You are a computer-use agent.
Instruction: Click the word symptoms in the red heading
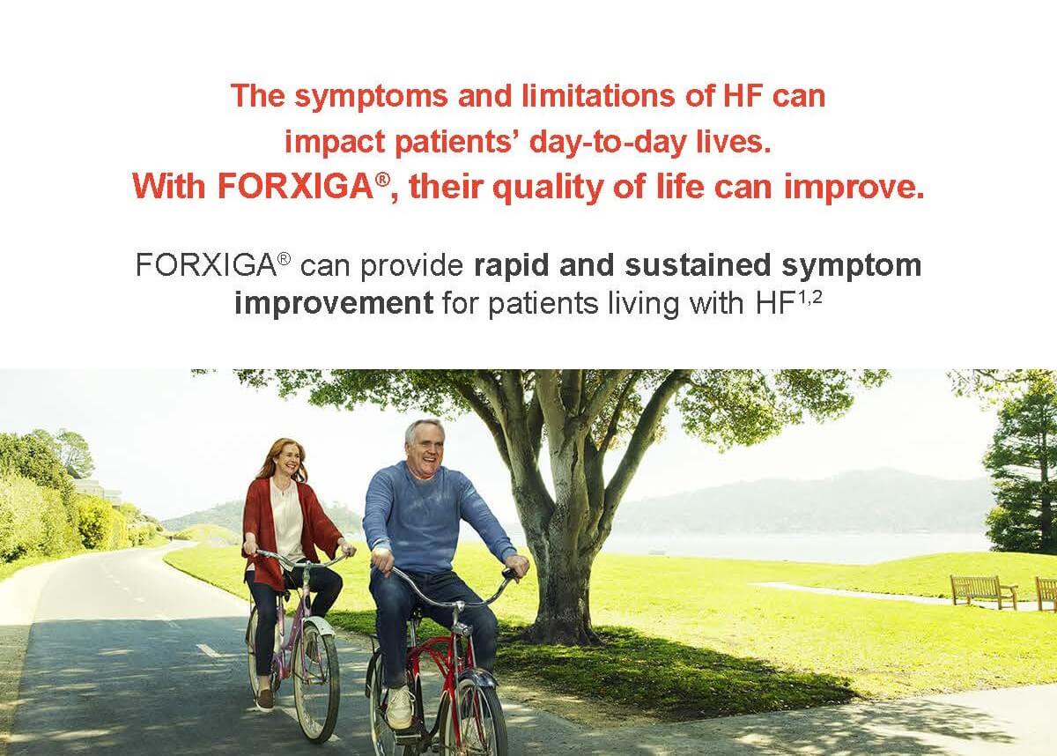click(372, 97)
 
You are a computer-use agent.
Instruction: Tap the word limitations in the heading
click(600, 96)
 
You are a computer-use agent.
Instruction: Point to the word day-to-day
click(607, 143)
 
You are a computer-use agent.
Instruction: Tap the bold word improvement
click(334, 304)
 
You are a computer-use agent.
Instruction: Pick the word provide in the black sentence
click(411, 266)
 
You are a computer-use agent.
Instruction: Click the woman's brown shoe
click(265, 698)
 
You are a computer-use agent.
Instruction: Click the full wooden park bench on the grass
click(982, 591)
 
